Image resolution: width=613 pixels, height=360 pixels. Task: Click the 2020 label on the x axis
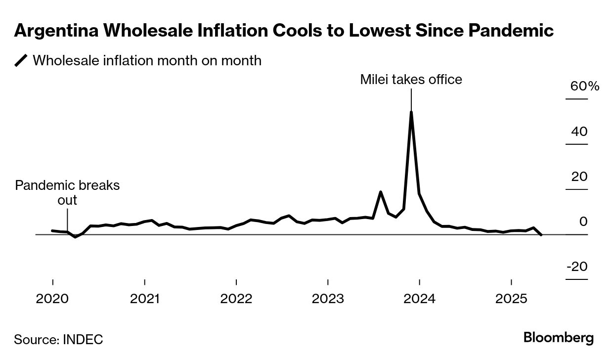point(52,299)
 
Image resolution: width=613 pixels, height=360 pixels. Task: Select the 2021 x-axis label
point(144,299)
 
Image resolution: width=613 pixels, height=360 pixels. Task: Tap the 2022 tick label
point(236,299)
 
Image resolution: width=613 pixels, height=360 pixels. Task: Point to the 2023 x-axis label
point(328,299)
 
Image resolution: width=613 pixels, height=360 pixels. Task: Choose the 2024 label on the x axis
point(419,299)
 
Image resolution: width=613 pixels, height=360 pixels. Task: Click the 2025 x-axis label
point(511,299)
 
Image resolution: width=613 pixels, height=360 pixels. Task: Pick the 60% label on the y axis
point(584,86)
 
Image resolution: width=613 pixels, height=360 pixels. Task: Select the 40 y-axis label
point(579,132)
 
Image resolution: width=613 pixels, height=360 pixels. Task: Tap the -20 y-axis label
point(577,267)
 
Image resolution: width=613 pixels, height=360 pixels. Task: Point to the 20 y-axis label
point(579,177)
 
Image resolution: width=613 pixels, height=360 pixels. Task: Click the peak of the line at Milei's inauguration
point(411,112)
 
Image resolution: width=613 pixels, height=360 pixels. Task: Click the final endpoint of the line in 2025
point(542,235)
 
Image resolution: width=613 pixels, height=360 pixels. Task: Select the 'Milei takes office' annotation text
point(411,79)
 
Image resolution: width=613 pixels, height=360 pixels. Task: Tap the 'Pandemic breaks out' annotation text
point(67,192)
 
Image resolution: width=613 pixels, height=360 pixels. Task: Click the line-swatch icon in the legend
point(21,60)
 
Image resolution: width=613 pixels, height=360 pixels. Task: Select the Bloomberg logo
point(558,338)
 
